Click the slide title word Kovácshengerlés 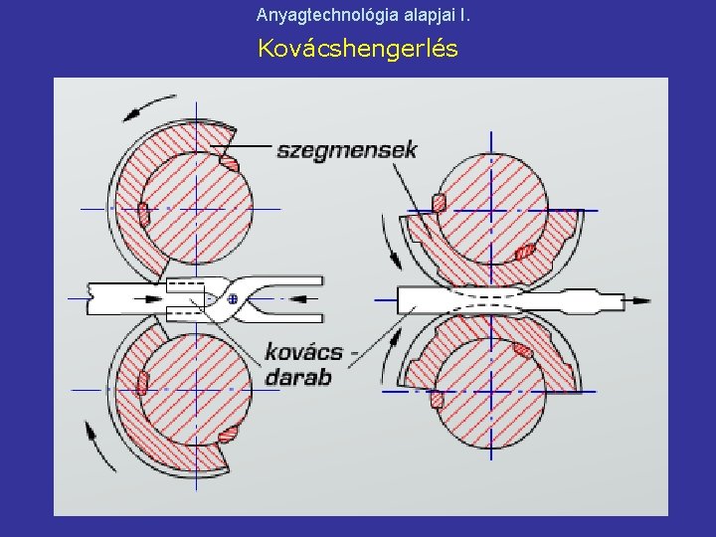tap(358, 48)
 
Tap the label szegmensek tap(347, 150)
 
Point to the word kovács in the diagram tap(303, 352)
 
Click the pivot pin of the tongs tap(233, 297)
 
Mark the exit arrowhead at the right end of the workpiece tap(641, 299)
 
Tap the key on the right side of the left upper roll tap(229, 162)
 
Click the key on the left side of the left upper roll tap(143, 212)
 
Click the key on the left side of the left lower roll tap(143, 382)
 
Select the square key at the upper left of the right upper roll tap(439, 202)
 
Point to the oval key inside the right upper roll tap(526, 251)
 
